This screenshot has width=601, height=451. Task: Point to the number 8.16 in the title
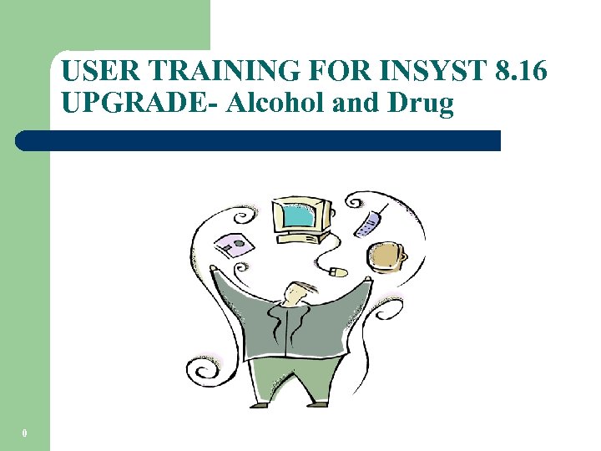point(520,73)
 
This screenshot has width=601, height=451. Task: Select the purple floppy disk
point(234,246)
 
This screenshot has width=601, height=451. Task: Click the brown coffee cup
point(386,258)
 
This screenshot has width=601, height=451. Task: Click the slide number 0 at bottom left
point(25,433)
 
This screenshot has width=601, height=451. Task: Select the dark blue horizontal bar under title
point(259,140)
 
